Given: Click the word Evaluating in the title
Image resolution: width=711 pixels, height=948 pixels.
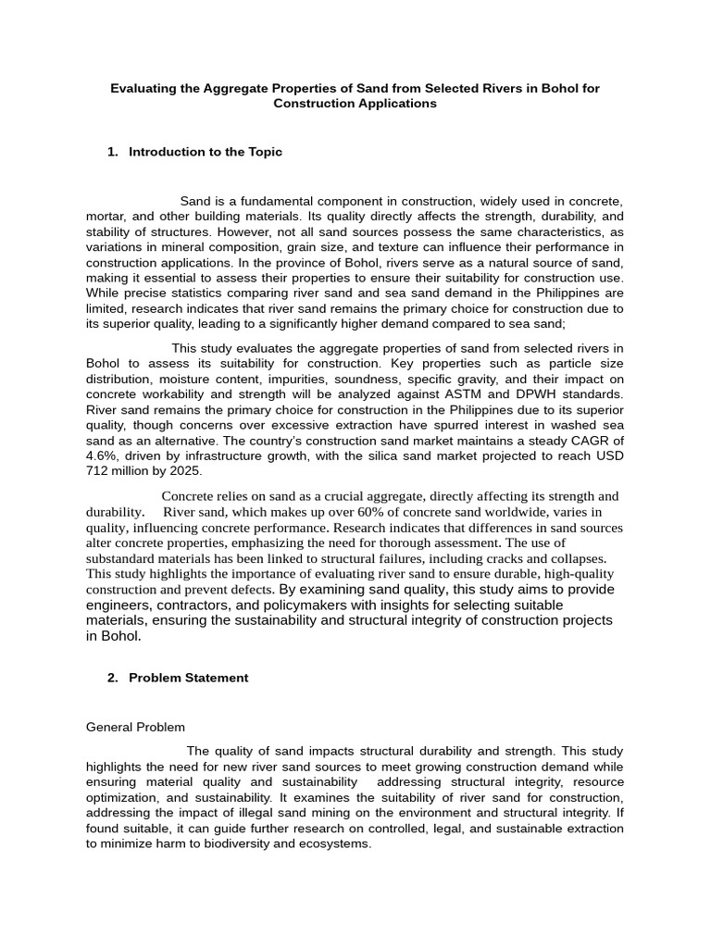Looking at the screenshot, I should point(144,89).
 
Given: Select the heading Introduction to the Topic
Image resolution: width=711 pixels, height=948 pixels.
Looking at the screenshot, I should point(206,152).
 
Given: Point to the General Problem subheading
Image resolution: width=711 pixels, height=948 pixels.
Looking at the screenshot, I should point(135,727).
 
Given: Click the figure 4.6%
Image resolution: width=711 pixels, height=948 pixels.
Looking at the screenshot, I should point(100,456).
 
